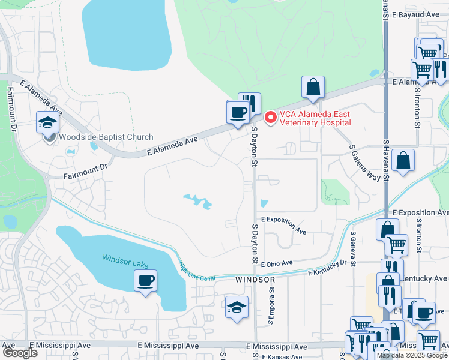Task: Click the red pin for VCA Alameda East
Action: coord(270,118)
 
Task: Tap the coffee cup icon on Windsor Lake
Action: coord(145,280)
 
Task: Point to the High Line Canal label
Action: coord(197,269)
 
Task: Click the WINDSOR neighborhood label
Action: coord(255,280)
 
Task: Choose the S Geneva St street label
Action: coord(354,249)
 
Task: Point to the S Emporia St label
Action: coord(271,305)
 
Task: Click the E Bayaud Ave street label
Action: coord(415,13)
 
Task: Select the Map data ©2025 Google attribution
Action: coord(412,355)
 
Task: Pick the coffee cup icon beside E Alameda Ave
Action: coord(238,112)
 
